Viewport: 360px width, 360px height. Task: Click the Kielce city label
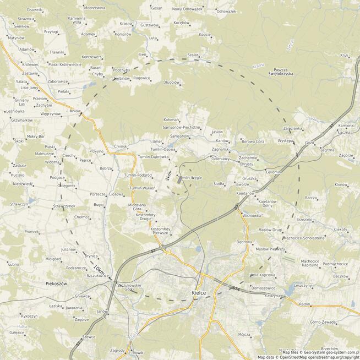pos(199,293)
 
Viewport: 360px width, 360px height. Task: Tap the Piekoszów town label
pos(56,283)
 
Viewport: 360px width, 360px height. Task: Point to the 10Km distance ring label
pos(99,270)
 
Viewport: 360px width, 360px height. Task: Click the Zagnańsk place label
pos(220,149)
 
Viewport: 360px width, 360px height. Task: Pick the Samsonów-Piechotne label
pos(182,127)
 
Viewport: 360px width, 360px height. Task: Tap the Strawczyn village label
pos(19,204)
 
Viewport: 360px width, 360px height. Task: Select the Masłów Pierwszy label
pos(270,249)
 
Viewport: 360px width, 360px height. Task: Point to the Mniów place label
pos(75,111)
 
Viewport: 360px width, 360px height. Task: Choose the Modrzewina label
pos(94,8)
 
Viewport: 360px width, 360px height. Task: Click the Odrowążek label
pos(226,12)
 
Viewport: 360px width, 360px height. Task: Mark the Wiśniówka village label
pos(252,216)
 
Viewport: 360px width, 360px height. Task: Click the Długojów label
pos(172,83)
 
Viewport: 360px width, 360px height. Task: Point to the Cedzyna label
pos(272,296)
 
